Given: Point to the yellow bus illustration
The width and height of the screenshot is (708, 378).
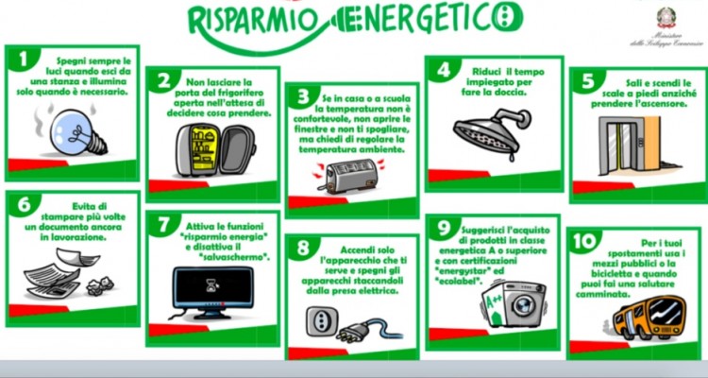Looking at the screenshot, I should pyautogui.click(x=645, y=313).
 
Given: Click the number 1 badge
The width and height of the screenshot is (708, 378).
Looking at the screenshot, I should pyautogui.click(x=22, y=59).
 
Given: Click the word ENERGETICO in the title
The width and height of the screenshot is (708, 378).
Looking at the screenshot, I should pyautogui.click(x=396, y=19).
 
